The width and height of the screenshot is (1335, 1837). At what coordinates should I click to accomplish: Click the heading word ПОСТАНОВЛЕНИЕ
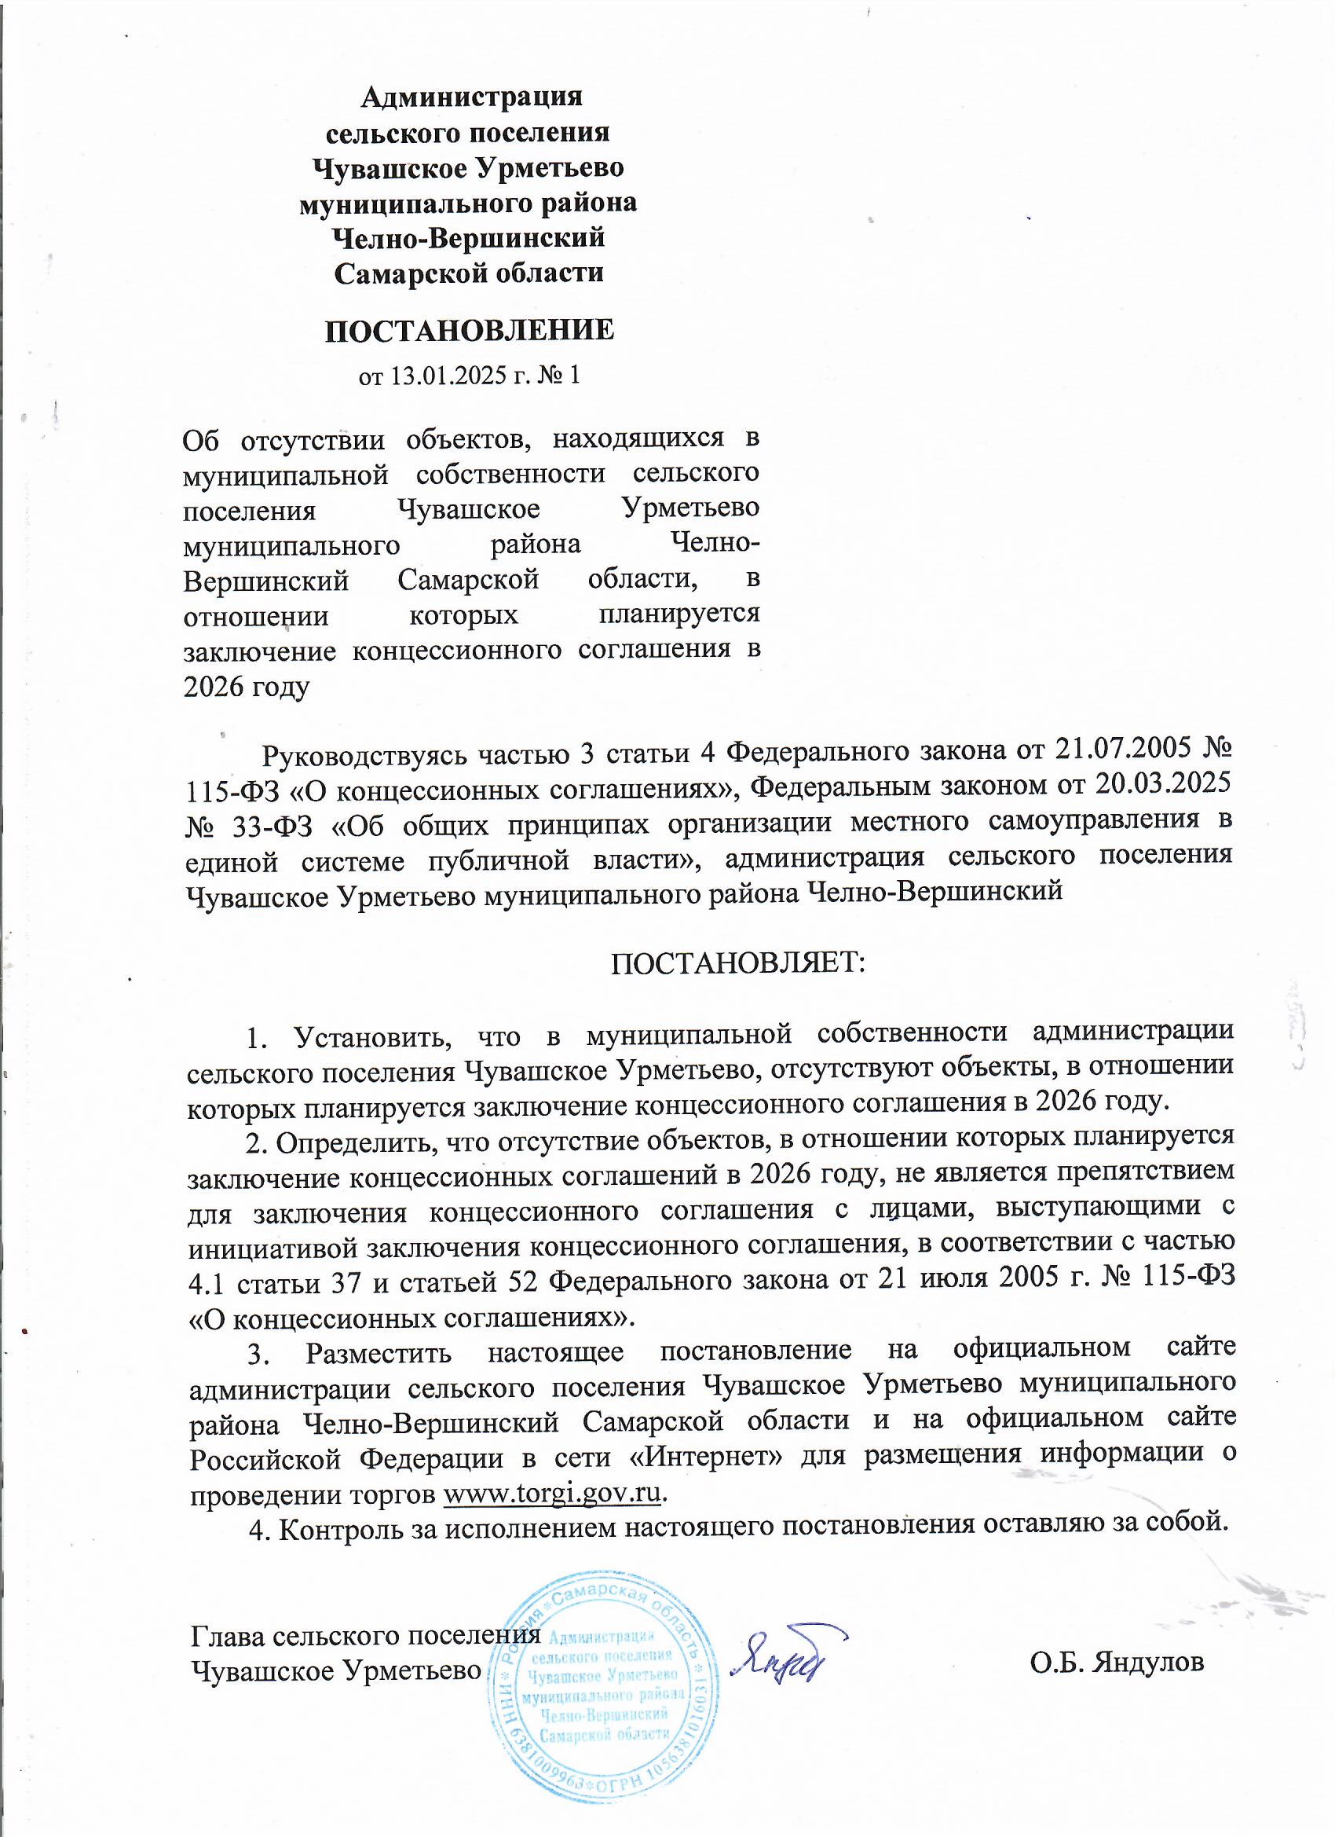(470, 331)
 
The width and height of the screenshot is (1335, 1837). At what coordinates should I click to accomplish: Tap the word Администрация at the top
(471, 97)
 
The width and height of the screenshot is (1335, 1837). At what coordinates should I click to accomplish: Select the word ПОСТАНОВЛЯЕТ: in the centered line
(737, 963)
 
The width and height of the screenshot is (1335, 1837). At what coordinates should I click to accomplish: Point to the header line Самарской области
(470, 272)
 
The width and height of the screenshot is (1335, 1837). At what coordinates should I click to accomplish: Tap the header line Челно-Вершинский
(469, 237)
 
